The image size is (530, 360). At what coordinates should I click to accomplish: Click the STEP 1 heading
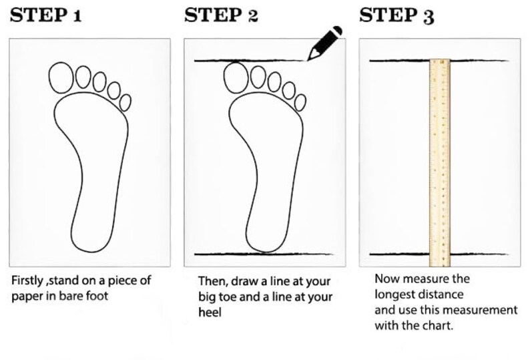click(45, 15)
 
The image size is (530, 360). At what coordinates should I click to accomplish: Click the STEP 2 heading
click(220, 15)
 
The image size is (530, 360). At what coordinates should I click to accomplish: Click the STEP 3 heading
click(396, 15)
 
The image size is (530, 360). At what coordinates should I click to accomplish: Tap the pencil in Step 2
click(324, 43)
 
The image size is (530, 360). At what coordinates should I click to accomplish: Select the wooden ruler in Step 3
click(439, 160)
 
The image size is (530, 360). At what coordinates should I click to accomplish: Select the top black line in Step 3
click(401, 61)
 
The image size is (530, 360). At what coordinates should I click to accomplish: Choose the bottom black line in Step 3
click(401, 254)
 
